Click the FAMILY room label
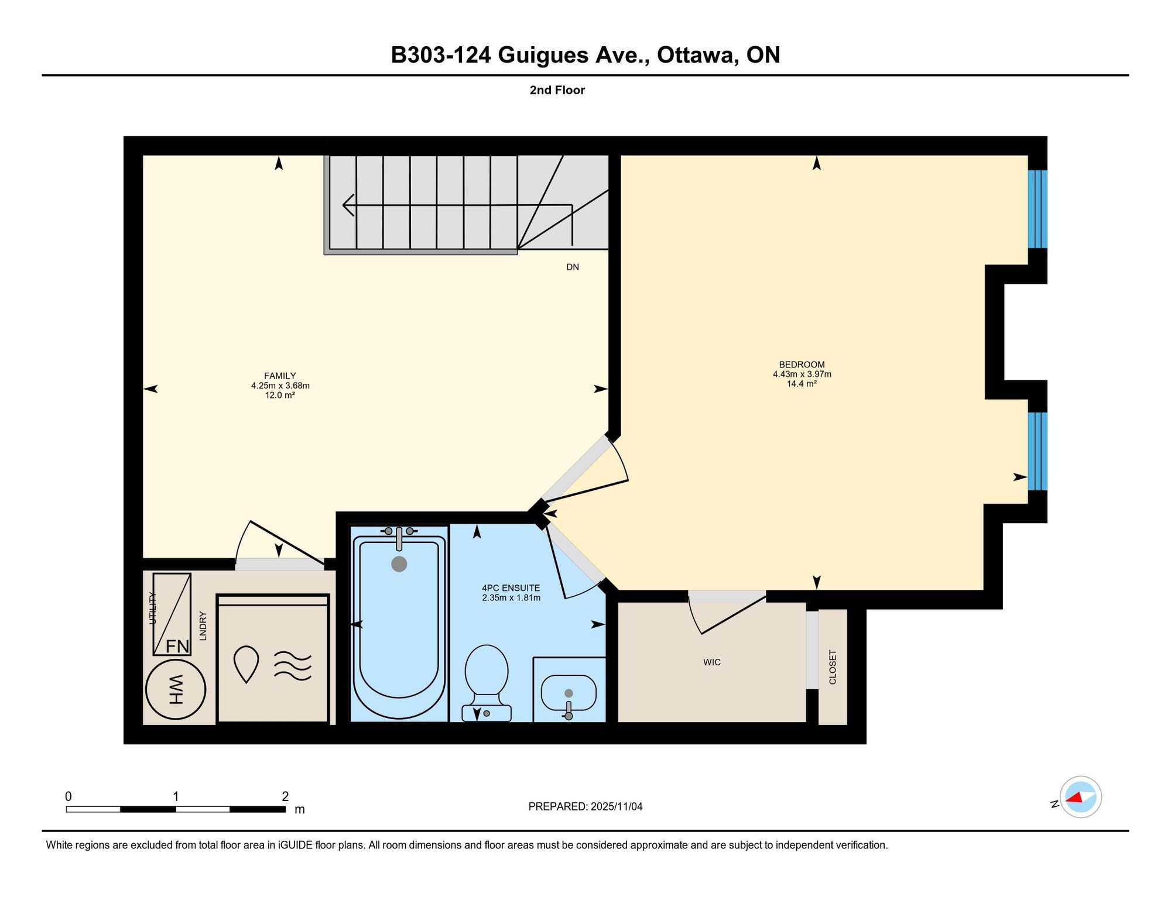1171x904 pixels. click(x=280, y=376)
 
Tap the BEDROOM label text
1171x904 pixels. click(x=802, y=365)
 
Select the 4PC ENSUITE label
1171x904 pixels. click(x=511, y=588)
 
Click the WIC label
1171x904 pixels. click(x=712, y=662)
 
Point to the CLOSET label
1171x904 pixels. click(x=833, y=667)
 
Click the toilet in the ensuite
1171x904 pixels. click(x=487, y=683)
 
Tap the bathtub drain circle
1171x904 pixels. click(x=399, y=564)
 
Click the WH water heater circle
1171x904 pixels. click(x=176, y=689)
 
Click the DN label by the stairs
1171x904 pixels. click(x=573, y=267)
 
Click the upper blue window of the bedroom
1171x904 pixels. click(x=1038, y=209)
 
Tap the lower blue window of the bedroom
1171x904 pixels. click(x=1038, y=451)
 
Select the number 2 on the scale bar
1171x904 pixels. click(x=285, y=796)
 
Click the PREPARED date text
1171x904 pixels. click(x=585, y=806)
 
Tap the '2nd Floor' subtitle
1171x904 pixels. click(x=557, y=90)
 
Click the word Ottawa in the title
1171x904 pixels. click(x=695, y=55)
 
